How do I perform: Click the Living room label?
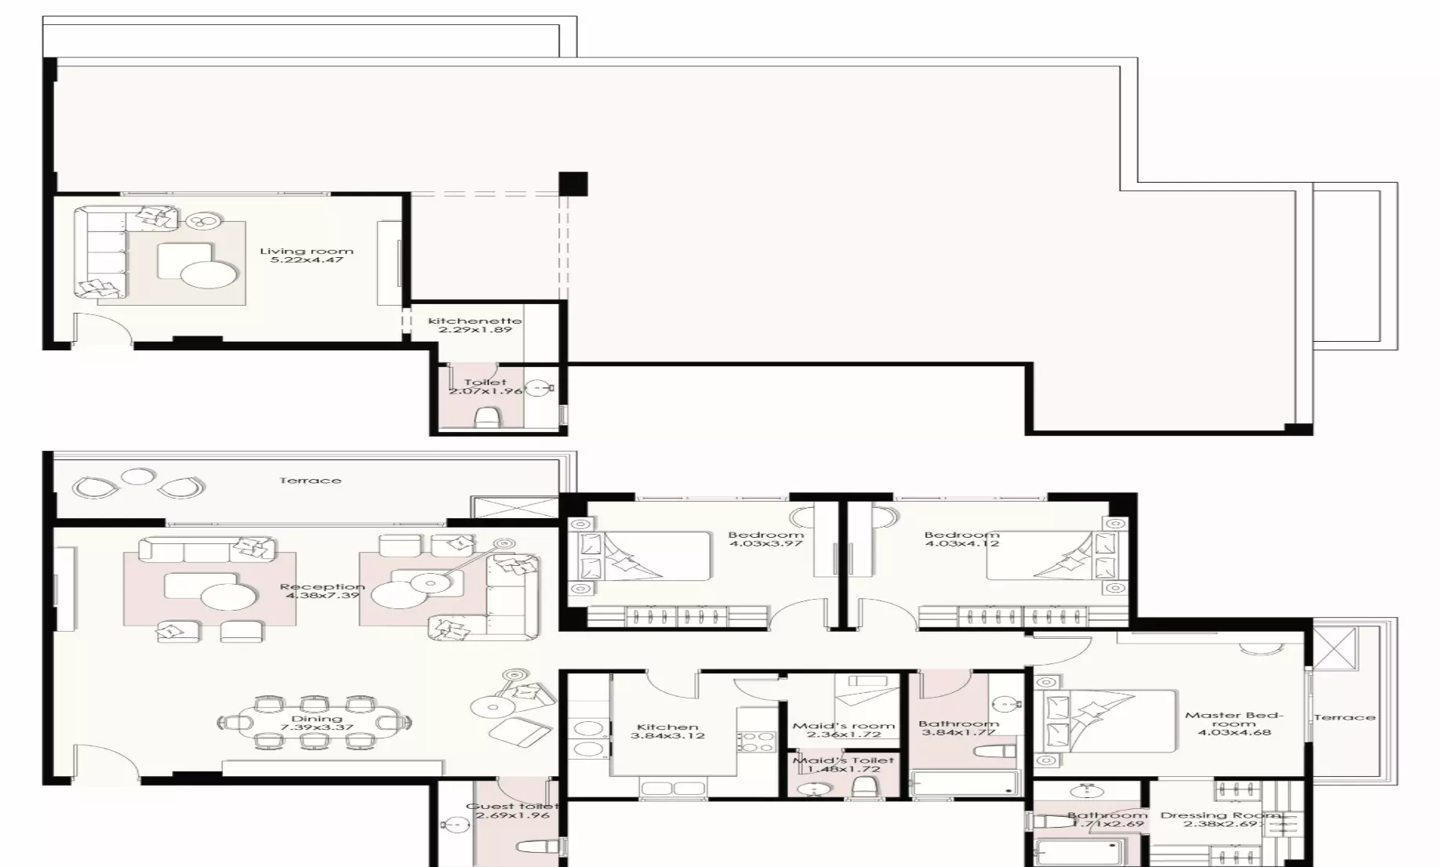coord(307,256)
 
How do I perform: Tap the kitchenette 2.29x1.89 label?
coord(475,325)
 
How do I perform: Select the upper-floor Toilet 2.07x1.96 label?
coord(485,386)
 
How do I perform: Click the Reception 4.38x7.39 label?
coord(322,591)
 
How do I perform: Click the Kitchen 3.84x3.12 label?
coord(667,731)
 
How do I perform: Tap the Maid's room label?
coord(843,730)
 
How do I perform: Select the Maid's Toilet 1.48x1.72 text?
coord(843,764)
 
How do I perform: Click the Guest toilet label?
coord(511,811)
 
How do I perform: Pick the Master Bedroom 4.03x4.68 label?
coord(1233,724)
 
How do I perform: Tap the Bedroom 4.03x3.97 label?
coord(765,539)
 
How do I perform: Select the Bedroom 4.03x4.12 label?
coord(962,539)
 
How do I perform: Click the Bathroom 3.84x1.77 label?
coord(958,728)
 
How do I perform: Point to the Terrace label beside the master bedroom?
coord(1344,717)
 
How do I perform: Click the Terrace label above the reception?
coord(310,481)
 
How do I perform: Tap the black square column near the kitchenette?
coord(573,184)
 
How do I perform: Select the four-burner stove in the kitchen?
coord(756,742)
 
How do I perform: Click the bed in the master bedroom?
coord(1106,722)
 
